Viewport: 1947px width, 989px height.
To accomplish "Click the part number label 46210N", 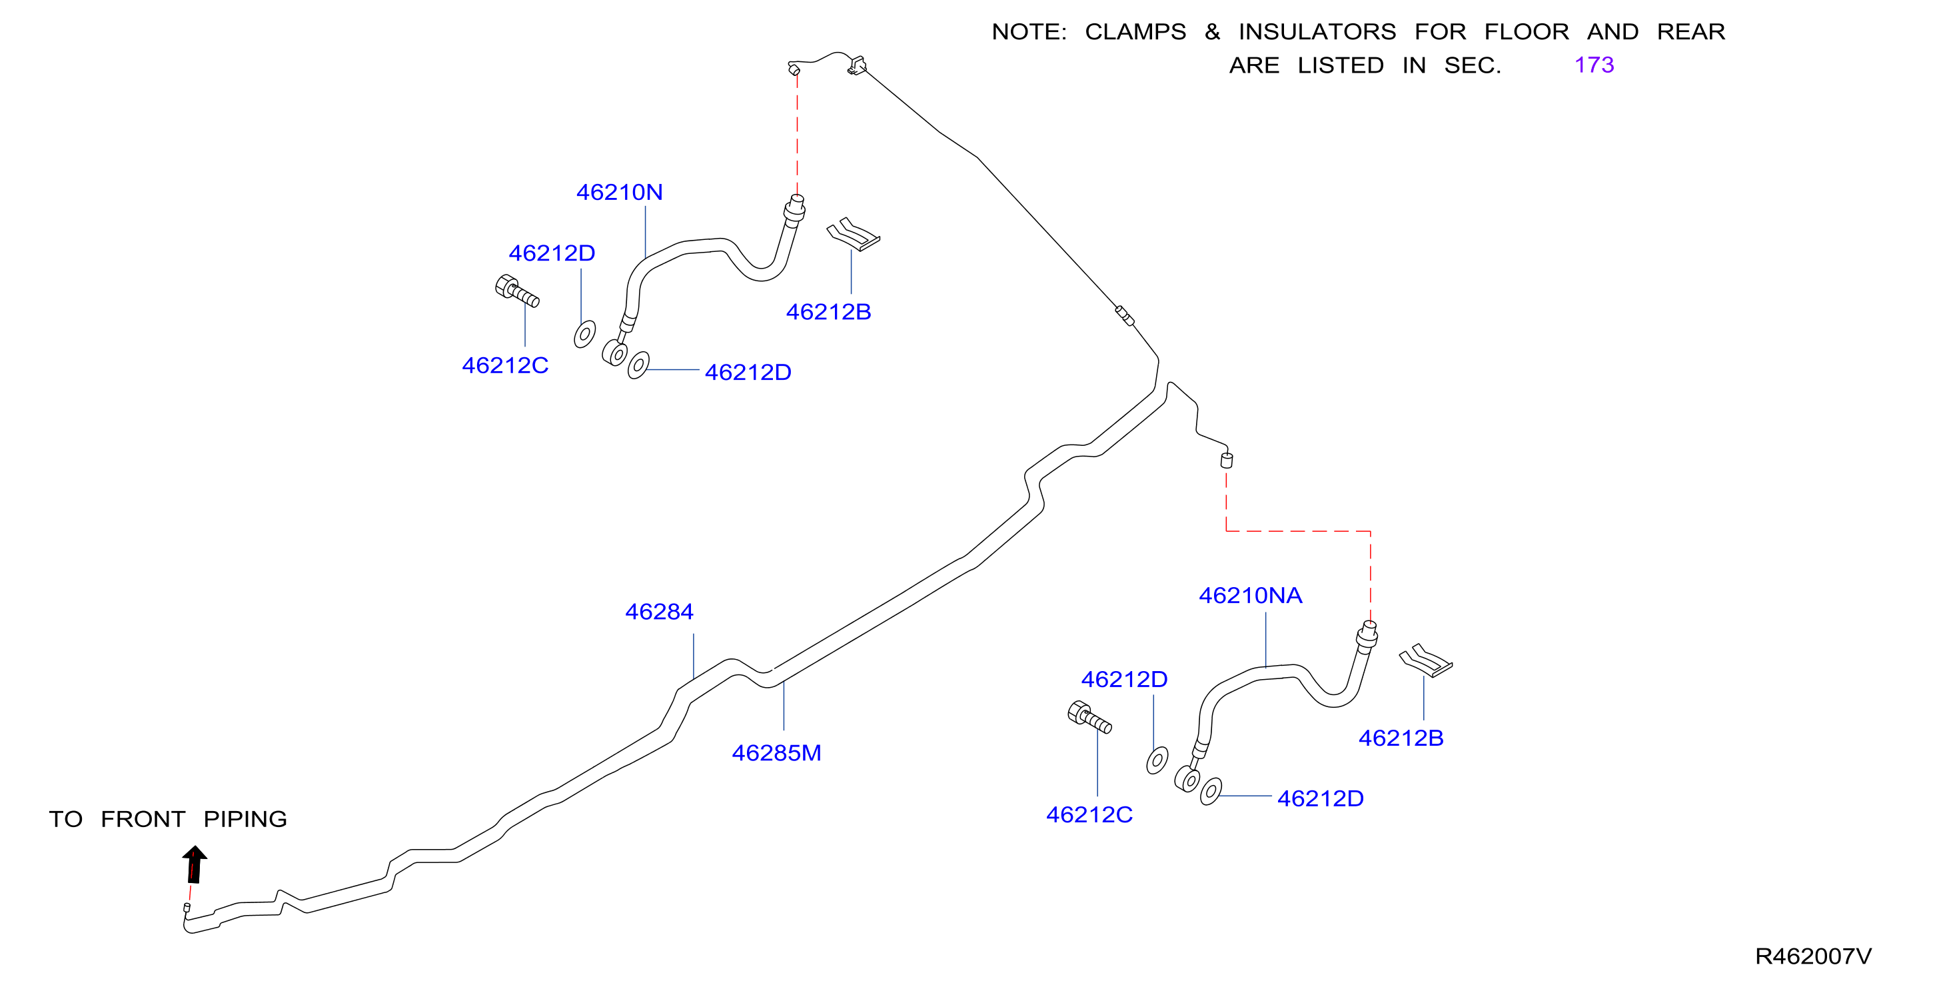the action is (x=620, y=192).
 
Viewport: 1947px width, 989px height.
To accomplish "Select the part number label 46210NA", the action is (x=1251, y=595).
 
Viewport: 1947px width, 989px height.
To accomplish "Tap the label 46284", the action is (x=659, y=611).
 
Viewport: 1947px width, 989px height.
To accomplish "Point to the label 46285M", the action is (x=776, y=752).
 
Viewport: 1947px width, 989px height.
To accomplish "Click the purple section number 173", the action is (x=1594, y=65).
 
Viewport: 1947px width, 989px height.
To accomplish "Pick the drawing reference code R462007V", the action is (x=1813, y=956).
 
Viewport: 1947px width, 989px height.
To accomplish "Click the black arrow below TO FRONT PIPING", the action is (x=195, y=864).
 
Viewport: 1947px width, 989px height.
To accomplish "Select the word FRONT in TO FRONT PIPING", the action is (x=143, y=819).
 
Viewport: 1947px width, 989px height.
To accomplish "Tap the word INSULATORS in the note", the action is (x=1317, y=32).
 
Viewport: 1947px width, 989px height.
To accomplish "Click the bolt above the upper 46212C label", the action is (x=517, y=291).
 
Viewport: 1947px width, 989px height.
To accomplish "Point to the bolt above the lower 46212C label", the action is (x=1090, y=717).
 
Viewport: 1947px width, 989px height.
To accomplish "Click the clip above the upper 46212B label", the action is (x=854, y=235).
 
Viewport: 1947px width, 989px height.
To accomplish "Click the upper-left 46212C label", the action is (x=505, y=365).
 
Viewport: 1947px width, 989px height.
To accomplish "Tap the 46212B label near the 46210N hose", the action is (x=828, y=311).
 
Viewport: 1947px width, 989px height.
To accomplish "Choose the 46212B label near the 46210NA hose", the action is (x=1401, y=737).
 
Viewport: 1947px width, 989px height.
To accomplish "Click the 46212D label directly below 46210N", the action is (x=552, y=253).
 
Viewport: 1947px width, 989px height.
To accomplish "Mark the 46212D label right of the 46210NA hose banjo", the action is (x=1321, y=798).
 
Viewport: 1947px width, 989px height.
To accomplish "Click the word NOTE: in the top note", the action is (x=1029, y=32).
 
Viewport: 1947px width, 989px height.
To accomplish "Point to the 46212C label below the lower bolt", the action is (x=1089, y=814).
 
